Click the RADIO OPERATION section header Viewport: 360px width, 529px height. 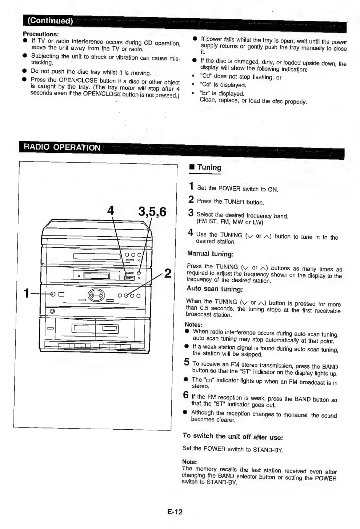coord(62,147)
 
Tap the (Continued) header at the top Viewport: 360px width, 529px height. coord(50,20)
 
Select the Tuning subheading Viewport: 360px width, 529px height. coord(209,167)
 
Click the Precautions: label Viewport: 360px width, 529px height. coord(41,34)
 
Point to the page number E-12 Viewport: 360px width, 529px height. coord(175,512)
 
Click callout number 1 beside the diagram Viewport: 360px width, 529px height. coord(26,293)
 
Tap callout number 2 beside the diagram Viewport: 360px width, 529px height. coord(168,273)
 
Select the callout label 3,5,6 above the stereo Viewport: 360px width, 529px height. coord(152,211)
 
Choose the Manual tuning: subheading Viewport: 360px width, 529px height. coord(210,254)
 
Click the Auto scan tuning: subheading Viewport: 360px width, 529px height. coord(215,289)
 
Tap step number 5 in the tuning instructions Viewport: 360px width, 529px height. coord(187,362)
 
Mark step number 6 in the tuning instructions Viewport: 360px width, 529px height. coord(186,395)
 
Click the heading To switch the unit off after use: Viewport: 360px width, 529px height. coord(232,436)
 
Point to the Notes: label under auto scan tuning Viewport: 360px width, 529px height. coord(193,324)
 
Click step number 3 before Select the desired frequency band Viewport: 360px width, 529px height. coord(191,213)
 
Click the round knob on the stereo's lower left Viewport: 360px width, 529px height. coord(52,311)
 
